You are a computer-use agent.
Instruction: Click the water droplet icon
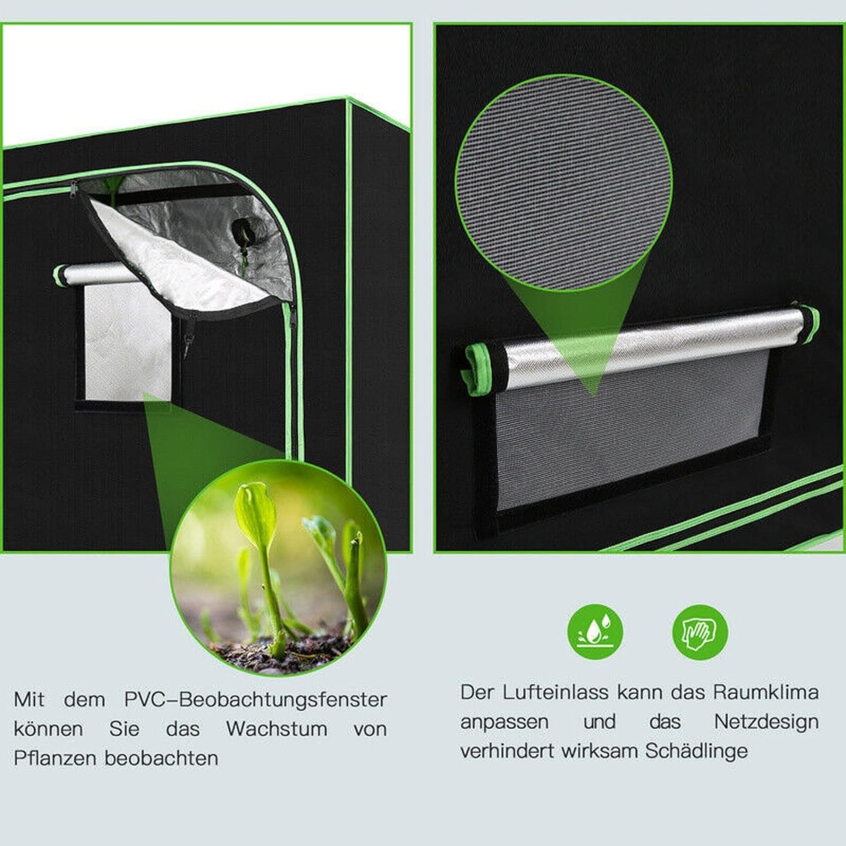coord(595,632)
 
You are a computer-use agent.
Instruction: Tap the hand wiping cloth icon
coord(700,632)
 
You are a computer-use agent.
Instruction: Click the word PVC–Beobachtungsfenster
coord(255,700)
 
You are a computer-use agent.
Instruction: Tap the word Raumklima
coord(765,692)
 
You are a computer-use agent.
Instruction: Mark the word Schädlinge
coord(696,751)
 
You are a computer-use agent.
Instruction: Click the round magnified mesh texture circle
coord(563,183)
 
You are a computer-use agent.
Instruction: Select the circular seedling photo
coord(278,568)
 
